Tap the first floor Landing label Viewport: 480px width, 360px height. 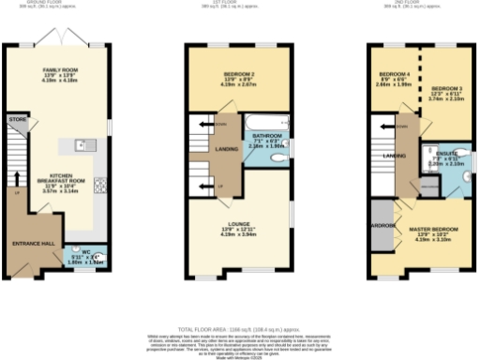[225, 148]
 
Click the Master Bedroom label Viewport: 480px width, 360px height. [433, 229]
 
